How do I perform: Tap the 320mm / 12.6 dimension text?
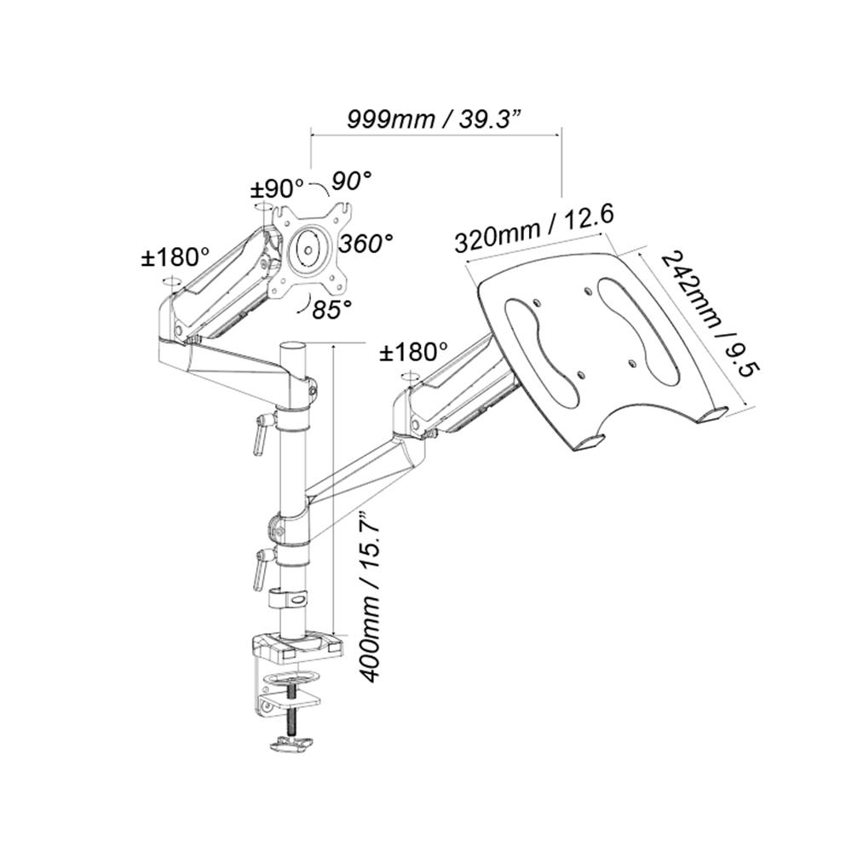[x=534, y=228]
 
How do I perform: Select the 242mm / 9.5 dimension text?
[x=711, y=314]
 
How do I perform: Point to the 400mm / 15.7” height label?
[x=368, y=596]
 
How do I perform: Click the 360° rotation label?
[x=366, y=243]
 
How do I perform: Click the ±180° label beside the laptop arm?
[x=414, y=350]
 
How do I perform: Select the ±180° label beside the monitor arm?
[x=176, y=256]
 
